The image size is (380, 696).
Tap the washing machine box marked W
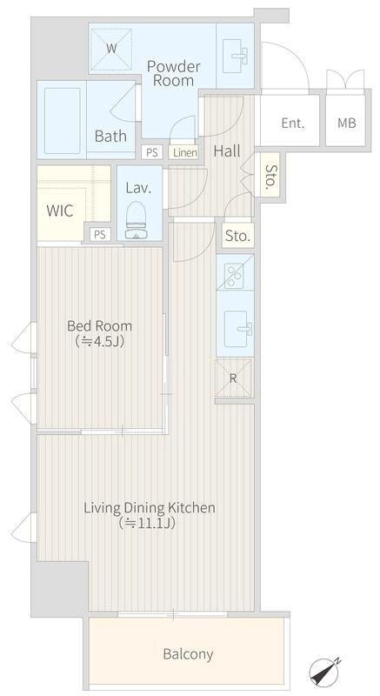click(x=111, y=49)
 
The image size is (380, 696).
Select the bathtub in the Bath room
click(x=63, y=120)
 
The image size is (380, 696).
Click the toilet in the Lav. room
click(x=136, y=220)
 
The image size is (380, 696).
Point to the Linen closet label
click(x=185, y=153)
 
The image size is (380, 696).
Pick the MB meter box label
click(x=347, y=123)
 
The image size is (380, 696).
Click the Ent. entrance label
click(x=293, y=123)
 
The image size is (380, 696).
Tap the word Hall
click(x=227, y=151)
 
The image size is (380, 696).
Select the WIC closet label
click(x=60, y=211)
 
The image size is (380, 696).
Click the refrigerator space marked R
click(x=234, y=378)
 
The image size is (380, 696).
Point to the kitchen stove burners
click(x=234, y=276)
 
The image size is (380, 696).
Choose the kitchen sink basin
click(x=237, y=329)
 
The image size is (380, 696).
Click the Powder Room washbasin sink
click(x=235, y=56)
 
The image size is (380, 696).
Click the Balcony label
click(x=188, y=654)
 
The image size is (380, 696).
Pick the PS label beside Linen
click(x=152, y=153)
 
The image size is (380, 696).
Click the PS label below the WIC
click(x=100, y=235)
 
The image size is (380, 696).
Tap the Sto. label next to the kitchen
click(x=238, y=236)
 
